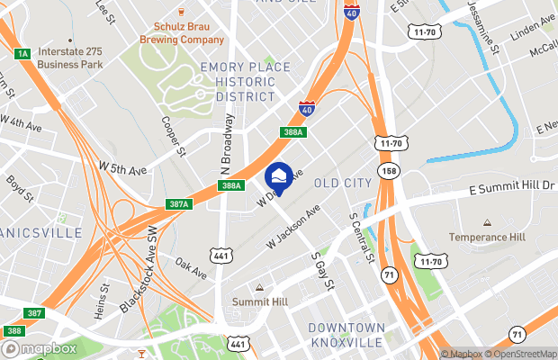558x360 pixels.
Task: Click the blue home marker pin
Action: pos(278,177)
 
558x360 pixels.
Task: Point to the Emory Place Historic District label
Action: pos(246,82)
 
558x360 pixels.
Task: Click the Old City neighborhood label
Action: pos(342,184)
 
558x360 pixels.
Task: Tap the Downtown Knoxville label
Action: pos(346,335)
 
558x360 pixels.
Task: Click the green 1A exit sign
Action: pos(23,54)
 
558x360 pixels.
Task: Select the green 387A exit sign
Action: pos(178,204)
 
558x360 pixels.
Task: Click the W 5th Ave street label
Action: pos(122,168)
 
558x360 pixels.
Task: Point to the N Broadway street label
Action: pos(227,143)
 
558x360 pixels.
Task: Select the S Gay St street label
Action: pos(321,270)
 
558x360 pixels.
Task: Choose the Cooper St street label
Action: pos(174,136)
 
